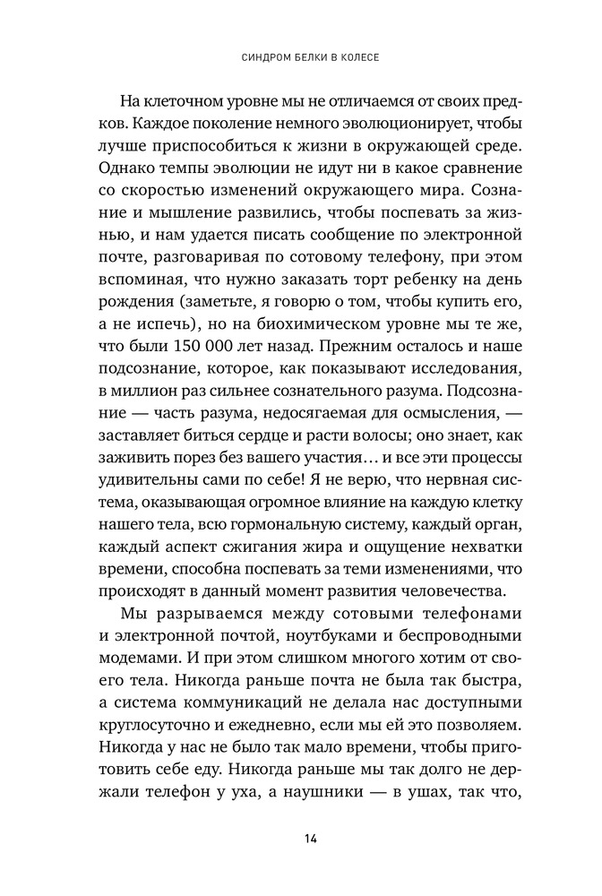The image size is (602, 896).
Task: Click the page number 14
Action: click(309, 838)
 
